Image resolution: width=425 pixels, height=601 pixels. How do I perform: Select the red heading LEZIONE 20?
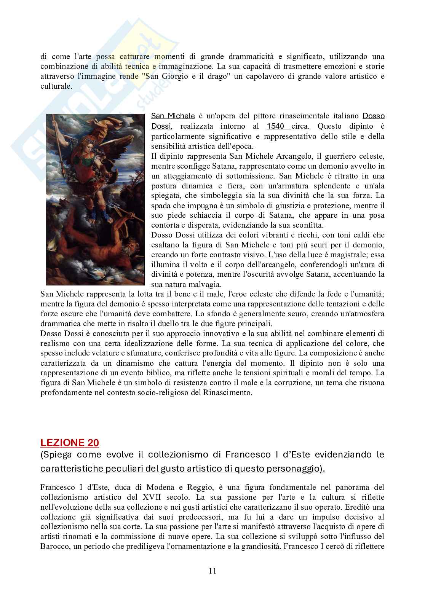[70, 443]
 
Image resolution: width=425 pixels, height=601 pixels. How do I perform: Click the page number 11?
[212, 571]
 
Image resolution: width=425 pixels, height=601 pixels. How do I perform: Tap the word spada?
[161, 206]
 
